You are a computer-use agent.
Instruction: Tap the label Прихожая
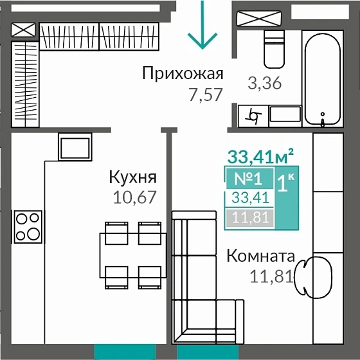pyautogui.click(x=183, y=73)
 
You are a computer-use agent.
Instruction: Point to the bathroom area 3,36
pyautogui.click(x=265, y=83)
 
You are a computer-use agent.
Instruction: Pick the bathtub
pyautogui.click(x=325, y=71)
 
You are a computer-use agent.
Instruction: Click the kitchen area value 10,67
pyautogui.click(x=135, y=197)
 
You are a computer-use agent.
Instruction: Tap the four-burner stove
pyautogui.click(x=28, y=226)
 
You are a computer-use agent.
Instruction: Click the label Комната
pyautogui.click(x=260, y=256)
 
